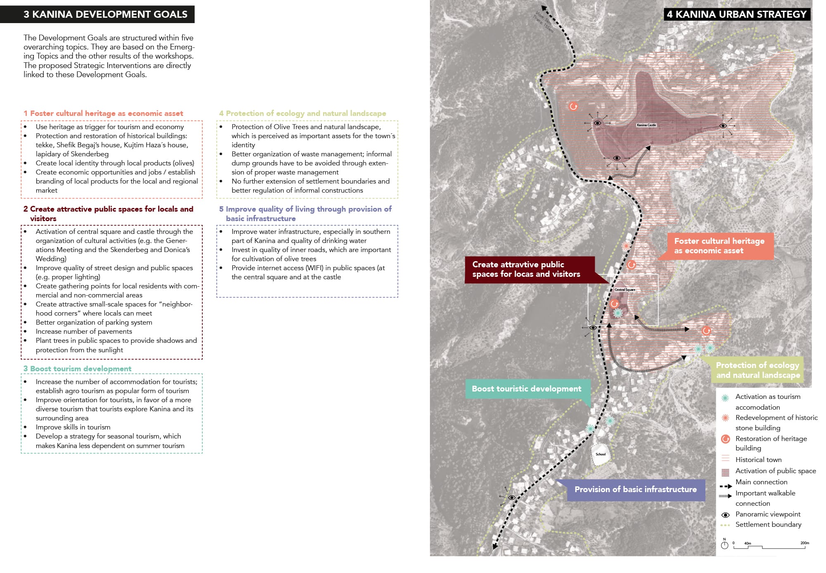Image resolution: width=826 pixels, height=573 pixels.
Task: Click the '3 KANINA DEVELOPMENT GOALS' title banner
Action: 105,14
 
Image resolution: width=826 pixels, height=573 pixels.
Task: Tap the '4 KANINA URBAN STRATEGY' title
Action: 736,14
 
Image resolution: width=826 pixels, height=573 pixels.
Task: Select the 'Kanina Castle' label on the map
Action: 646,125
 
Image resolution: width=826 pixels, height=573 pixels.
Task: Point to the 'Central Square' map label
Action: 625,290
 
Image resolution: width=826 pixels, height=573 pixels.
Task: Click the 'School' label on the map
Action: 601,454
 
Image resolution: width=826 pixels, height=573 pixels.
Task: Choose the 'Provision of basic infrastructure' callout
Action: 635,490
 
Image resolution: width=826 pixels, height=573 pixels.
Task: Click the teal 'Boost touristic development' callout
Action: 526,389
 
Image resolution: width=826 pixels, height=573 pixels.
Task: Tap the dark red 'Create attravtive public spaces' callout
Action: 526,269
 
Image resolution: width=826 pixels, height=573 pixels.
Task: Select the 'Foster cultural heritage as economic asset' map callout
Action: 719,246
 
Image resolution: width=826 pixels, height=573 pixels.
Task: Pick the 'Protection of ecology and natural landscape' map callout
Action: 758,370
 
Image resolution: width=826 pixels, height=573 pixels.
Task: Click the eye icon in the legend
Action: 725,515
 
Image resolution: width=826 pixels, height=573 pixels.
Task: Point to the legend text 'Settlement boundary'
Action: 768,525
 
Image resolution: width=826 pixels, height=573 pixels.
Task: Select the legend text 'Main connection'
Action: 761,482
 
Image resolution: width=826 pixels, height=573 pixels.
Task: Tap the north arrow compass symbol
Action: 724,545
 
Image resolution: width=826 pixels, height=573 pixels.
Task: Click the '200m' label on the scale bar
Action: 805,543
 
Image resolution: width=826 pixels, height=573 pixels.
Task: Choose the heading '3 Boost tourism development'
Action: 77,369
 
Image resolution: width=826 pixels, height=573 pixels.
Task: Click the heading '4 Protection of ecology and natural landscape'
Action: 302,113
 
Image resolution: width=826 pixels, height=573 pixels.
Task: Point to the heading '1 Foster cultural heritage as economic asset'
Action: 103,113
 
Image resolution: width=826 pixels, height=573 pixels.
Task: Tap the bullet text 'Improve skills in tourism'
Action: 73,427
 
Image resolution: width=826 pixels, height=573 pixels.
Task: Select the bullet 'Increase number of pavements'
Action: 84,332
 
